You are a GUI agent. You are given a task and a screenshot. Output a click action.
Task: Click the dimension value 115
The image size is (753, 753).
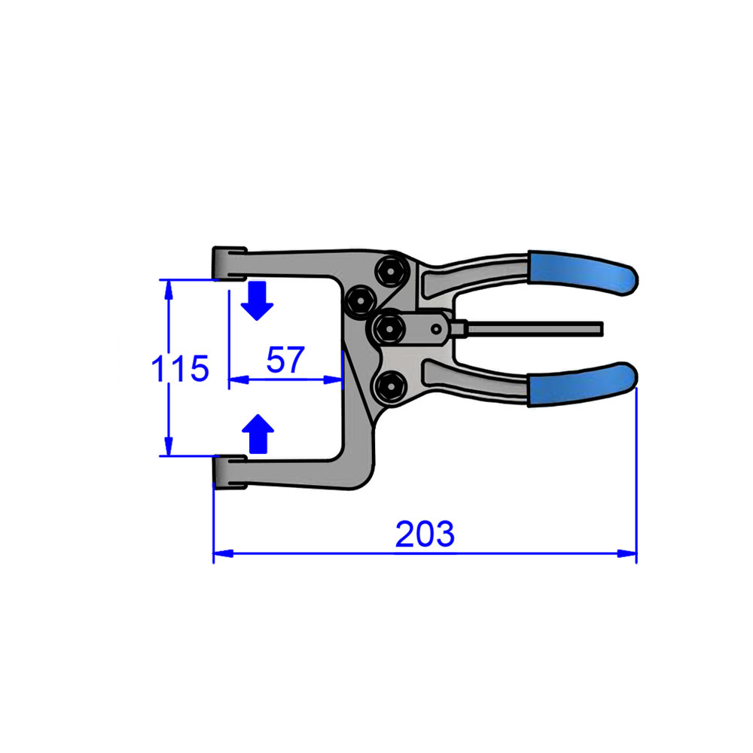pyautogui.click(x=179, y=369)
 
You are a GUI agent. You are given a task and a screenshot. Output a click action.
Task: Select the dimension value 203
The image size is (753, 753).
pyautogui.click(x=425, y=534)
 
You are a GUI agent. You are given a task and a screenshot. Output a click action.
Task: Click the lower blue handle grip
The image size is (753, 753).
pyautogui.click(x=582, y=385)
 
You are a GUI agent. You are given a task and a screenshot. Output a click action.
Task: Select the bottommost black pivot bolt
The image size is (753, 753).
pyautogui.click(x=390, y=386)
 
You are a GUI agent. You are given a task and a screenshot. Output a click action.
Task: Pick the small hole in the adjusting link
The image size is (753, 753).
pyautogui.click(x=435, y=328)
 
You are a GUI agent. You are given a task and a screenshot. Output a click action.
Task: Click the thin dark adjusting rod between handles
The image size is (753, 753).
pyautogui.click(x=535, y=328)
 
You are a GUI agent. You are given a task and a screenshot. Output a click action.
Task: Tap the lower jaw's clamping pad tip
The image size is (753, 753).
pyautogui.click(x=229, y=471)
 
